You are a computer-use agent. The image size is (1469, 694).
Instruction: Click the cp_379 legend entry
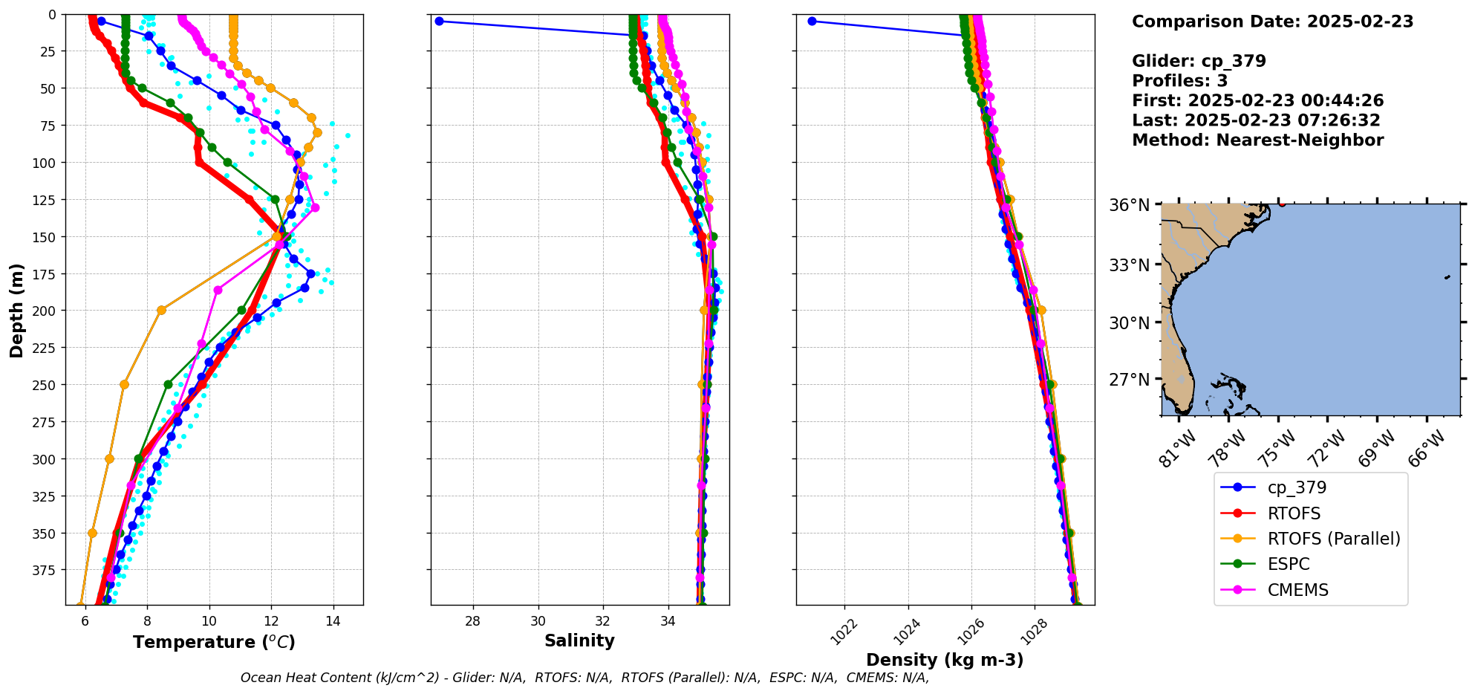[x=1296, y=487]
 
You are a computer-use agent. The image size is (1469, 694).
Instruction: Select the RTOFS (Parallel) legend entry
[x=1333, y=539]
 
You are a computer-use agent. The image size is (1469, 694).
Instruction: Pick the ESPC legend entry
[x=1289, y=564]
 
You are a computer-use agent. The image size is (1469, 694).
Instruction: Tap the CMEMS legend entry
[x=1297, y=590]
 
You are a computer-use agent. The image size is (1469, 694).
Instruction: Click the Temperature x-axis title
[x=214, y=642]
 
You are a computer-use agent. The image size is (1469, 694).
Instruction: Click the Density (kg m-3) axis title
[x=945, y=660]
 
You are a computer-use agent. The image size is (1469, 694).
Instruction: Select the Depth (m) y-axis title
[x=17, y=310]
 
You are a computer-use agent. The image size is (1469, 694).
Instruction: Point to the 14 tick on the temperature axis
[x=333, y=621]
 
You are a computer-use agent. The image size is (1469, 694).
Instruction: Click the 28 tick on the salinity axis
[x=473, y=621]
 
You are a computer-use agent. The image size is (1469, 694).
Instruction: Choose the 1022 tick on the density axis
[x=844, y=632]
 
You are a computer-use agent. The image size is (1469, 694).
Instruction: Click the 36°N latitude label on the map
[x=1129, y=205]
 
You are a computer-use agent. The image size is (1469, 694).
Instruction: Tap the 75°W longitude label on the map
[x=1278, y=449]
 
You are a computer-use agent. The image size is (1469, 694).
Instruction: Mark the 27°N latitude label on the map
[x=1129, y=380]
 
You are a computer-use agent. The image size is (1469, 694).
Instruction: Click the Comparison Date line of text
[x=1272, y=22]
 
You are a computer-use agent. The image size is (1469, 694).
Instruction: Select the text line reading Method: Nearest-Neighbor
[x=1257, y=140]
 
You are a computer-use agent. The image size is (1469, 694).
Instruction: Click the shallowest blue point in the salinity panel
[x=439, y=21]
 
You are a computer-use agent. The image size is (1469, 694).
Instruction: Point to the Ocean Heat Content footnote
[x=584, y=678]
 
